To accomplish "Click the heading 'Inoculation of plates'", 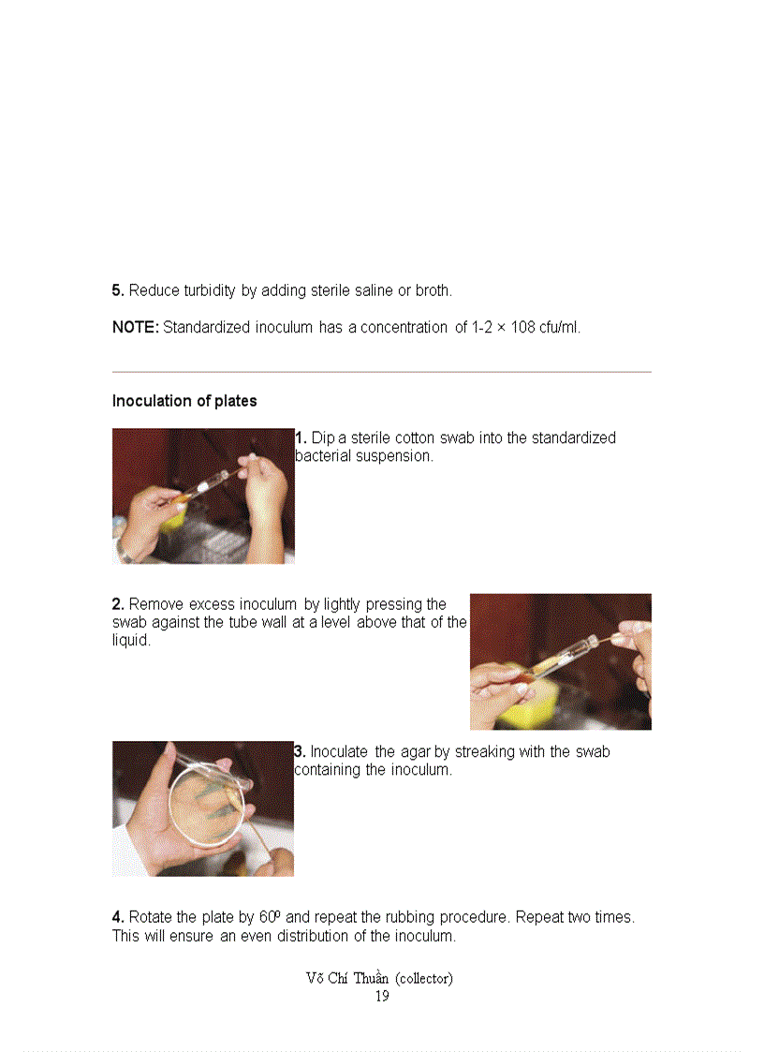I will coord(184,401).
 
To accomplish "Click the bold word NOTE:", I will coord(135,328).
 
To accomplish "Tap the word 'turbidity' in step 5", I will coord(210,290).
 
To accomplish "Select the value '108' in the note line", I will coord(522,328).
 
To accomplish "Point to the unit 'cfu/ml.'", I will coord(560,328).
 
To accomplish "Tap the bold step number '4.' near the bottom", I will coord(119,917).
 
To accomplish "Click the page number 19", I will coord(382,996).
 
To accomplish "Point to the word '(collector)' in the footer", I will coord(424,978).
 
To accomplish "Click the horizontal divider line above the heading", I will coord(381,372).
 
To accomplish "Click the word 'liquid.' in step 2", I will coord(132,642).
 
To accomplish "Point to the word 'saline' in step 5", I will coord(372,290).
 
